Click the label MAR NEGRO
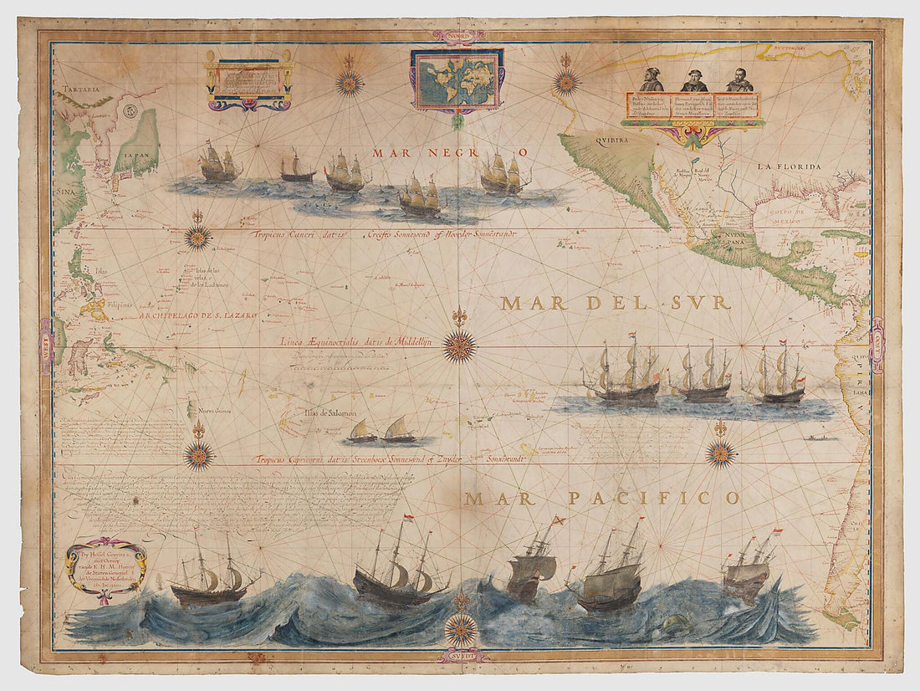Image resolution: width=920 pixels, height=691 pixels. [451, 152]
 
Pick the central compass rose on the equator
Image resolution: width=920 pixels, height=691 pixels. [459, 345]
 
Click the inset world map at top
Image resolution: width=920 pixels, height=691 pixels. [457, 79]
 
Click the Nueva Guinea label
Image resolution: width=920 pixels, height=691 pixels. [216, 410]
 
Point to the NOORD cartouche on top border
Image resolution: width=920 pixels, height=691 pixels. [459, 36]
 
